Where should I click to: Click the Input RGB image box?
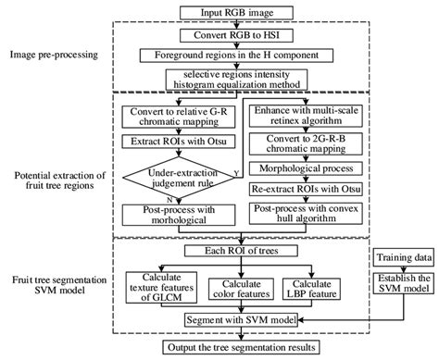coord(244,11)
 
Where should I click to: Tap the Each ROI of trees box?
coord(242,251)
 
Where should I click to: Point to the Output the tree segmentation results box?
coord(243,347)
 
